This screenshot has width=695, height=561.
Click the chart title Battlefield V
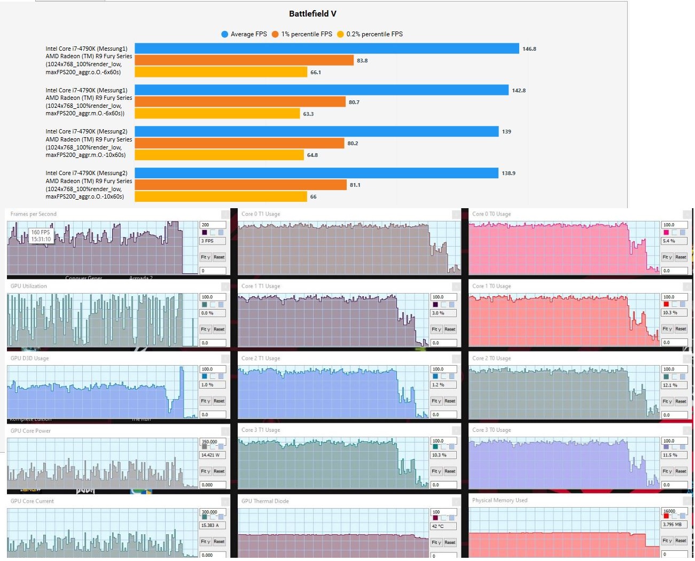pyautogui.click(x=313, y=14)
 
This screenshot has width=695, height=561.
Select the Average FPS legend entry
pyautogui.click(x=244, y=34)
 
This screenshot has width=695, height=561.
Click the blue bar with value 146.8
pyautogui.click(x=326, y=49)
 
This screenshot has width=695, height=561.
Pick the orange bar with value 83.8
pyautogui.click(x=244, y=60)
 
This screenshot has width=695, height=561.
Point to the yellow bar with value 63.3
pyautogui.click(x=217, y=114)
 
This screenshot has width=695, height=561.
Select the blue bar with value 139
pyautogui.click(x=316, y=131)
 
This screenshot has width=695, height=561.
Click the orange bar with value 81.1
pyautogui.click(x=240, y=185)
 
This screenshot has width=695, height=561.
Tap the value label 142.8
pyautogui.click(x=519, y=90)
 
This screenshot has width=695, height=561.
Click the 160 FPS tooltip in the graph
pyautogui.click(x=41, y=236)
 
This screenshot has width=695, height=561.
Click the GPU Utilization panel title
pyautogui.click(x=29, y=286)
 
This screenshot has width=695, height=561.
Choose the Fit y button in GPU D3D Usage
pyautogui.click(x=206, y=401)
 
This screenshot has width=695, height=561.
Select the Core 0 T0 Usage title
pyautogui.click(x=491, y=214)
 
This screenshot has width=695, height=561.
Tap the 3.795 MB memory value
pyautogui.click(x=672, y=524)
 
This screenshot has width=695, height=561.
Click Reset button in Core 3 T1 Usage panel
pyautogui.click(x=450, y=471)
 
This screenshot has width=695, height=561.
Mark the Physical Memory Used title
pyautogui.click(x=499, y=500)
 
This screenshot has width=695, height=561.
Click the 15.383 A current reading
pyautogui.click(x=210, y=525)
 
